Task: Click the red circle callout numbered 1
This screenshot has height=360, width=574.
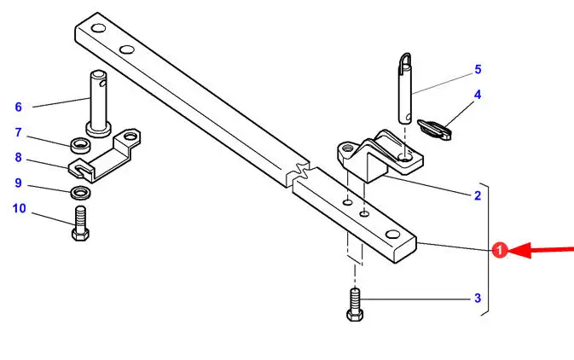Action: click(500, 250)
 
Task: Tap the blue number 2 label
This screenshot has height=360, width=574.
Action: click(478, 195)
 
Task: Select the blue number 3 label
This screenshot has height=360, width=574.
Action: click(478, 298)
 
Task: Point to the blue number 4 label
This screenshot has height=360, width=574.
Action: click(478, 95)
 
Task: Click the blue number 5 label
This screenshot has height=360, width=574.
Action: click(478, 69)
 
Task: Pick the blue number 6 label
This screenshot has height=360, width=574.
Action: click(18, 107)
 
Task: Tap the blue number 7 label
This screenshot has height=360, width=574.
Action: click(18, 132)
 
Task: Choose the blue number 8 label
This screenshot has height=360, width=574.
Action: click(18, 158)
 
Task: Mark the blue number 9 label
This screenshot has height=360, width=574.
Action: click(18, 183)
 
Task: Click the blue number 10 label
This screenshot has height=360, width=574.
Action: click(19, 208)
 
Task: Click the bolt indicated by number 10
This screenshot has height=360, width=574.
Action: click(80, 224)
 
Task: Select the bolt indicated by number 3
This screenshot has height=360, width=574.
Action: click(355, 305)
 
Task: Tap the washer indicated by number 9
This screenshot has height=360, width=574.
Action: click(80, 192)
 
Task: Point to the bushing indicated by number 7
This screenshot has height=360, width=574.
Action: click(81, 145)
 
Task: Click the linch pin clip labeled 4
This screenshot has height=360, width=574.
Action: click(434, 130)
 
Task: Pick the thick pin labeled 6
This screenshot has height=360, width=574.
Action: click(98, 105)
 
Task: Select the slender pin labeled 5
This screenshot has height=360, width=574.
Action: click(404, 89)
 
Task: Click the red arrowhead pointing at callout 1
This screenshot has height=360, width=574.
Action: click(519, 250)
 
